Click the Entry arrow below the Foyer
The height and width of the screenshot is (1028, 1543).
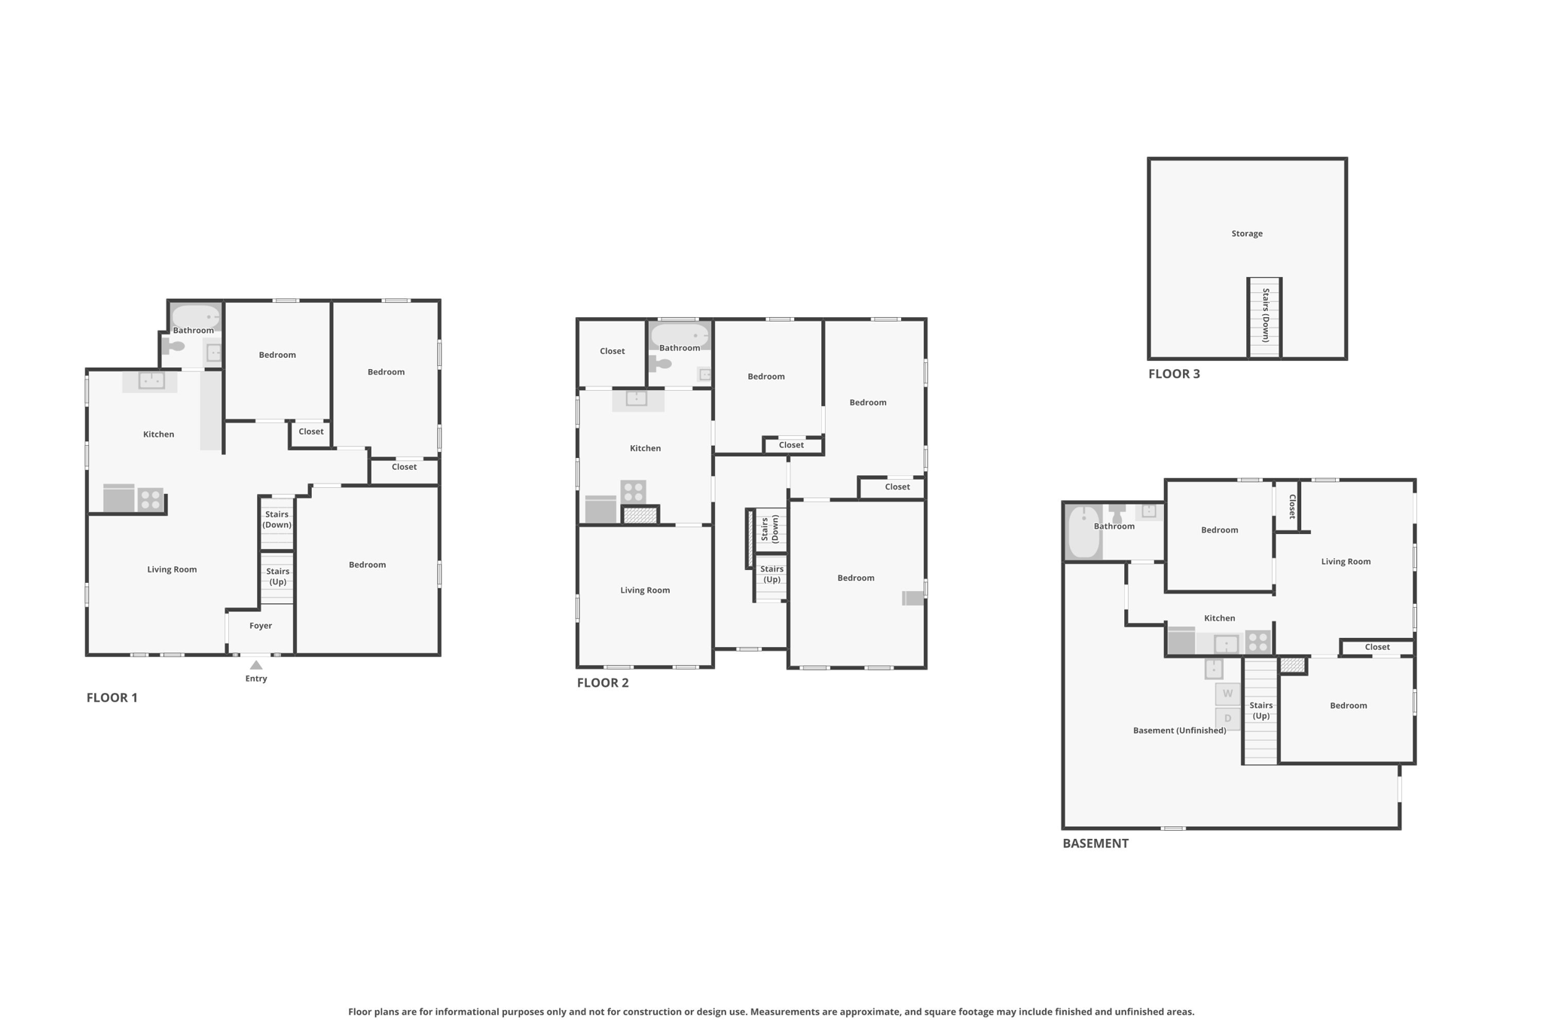click(x=256, y=665)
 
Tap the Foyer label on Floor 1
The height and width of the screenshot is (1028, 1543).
click(x=261, y=626)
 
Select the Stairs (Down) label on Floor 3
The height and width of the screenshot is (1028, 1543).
click(x=1266, y=316)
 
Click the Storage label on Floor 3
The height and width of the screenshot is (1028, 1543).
click(x=1247, y=233)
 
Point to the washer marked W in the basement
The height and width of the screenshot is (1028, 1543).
click(x=1227, y=694)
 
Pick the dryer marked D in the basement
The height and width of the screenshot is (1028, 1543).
click(x=1227, y=718)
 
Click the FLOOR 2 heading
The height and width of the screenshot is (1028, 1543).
click(x=603, y=683)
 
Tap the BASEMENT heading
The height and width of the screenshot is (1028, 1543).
click(x=1095, y=843)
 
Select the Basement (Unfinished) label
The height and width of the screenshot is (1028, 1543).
click(x=1179, y=731)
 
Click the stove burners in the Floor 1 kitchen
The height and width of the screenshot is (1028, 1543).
click(x=151, y=499)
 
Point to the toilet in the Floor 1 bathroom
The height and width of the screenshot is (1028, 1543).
click(x=174, y=346)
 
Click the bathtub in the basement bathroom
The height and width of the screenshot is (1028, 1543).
click(x=1084, y=532)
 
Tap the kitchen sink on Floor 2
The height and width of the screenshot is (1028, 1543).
click(x=637, y=398)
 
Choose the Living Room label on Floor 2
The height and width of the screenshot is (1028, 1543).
click(x=645, y=590)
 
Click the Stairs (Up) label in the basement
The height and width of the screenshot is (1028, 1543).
click(x=1261, y=711)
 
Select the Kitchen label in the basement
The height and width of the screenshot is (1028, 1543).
click(x=1219, y=618)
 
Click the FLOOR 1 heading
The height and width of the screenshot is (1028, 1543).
click(x=112, y=698)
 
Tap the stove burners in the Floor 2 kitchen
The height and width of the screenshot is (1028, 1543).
click(x=634, y=492)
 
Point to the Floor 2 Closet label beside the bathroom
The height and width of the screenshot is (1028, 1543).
click(x=613, y=351)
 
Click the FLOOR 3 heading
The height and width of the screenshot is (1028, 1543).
click(x=1174, y=374)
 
